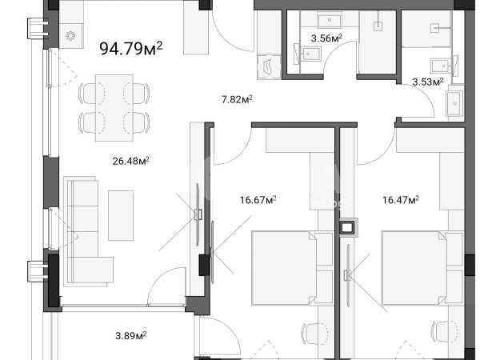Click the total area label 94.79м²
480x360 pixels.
point(131,48)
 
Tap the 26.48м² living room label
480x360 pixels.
point(130,161)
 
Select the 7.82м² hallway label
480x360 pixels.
point(237,99)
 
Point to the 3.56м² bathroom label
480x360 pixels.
point(326,38)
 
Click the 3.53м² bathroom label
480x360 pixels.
point(428,82)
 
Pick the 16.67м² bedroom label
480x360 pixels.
point(258,200)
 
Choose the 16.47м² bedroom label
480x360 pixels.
point(401,200)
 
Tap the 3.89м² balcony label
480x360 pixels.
point(130,336)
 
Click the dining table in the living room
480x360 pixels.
point(114,108)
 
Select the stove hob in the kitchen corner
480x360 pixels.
point(70,36)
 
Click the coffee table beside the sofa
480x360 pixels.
point(121,215)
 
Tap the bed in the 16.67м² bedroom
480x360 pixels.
point(292,268)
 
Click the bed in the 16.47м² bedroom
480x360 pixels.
point(422,268)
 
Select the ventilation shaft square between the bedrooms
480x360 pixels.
point(347,227)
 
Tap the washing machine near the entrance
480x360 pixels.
point(269,67)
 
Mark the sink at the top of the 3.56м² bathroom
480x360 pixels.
point(330,21)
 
